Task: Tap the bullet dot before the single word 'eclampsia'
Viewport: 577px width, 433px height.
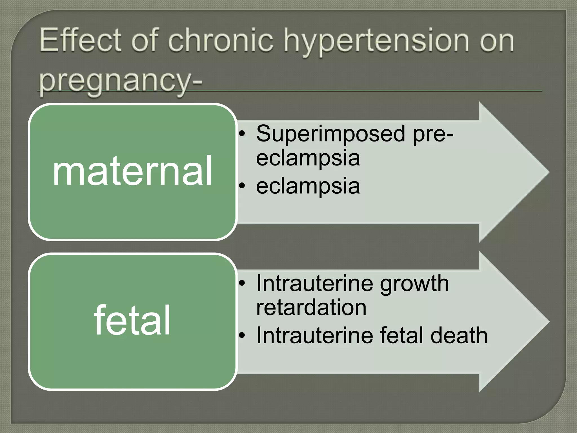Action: [x=242, y=186]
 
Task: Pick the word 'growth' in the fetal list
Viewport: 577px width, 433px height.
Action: [x=414, y=284]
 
